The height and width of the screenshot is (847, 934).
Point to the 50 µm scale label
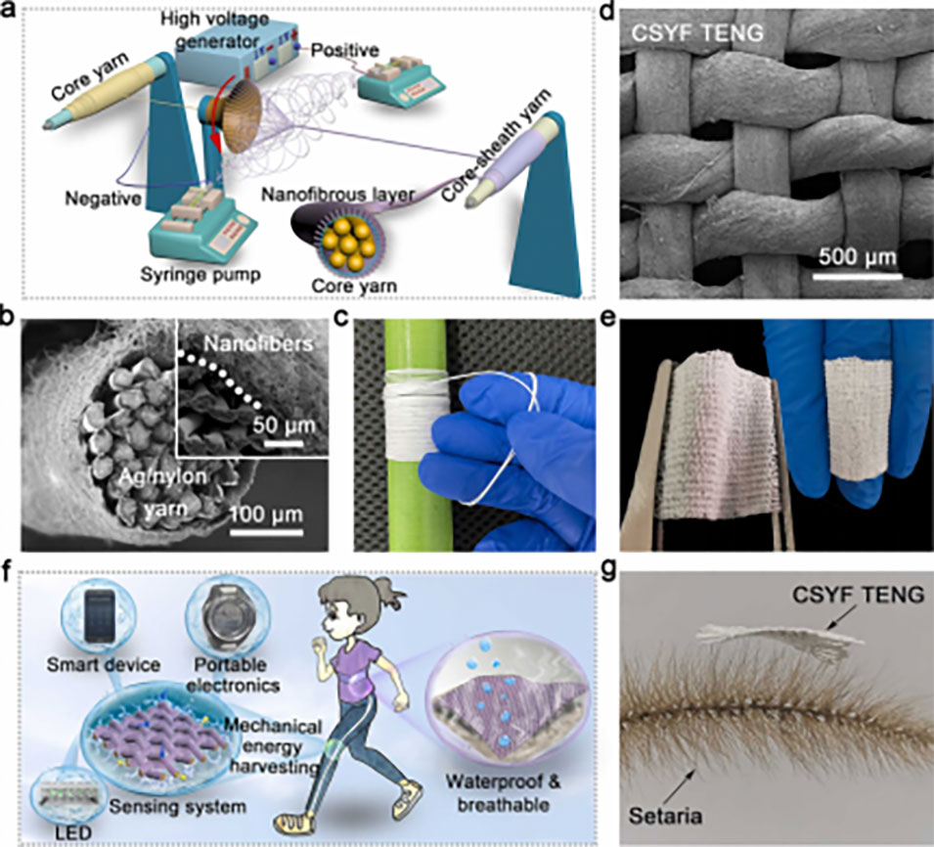click(278, 426)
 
